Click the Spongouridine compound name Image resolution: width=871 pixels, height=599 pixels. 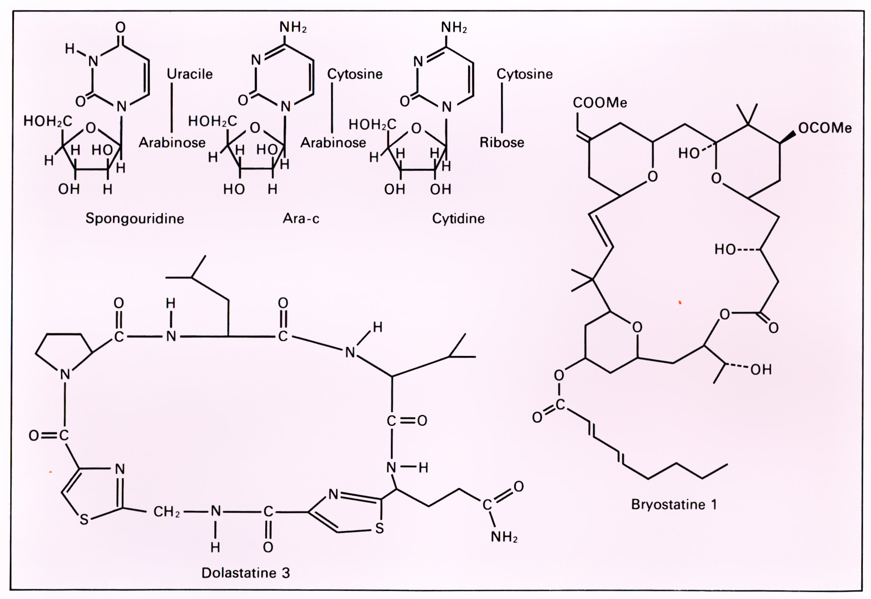tap(135, 219)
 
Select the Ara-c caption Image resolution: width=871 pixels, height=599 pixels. tap(301, 219)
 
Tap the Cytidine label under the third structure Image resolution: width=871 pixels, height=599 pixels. tap(458, 219)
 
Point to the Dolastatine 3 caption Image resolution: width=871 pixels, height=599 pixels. tap(246, 573)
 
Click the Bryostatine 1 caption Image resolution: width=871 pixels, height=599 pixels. tap(674, 504)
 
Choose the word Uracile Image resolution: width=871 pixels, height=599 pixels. tap(190, 74)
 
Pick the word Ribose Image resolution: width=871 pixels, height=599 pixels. tap(502, 142)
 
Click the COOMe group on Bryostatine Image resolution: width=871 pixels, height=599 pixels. tap(600, 103)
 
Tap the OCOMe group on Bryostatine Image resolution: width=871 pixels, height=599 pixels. tap(825, 128)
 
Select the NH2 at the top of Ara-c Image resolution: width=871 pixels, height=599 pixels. tap(293, 27)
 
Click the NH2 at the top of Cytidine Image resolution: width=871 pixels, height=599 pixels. tap(454, 27)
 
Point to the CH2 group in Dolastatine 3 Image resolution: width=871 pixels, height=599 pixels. tap(166, 512)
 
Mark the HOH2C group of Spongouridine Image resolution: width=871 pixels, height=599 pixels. tap(48, 121)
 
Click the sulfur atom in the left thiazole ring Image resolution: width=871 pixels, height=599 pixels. tap(84, 520)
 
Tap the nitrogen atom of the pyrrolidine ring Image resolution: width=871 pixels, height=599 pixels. tap(65, 374)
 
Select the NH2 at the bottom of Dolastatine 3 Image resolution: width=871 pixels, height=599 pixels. tap(504, 537)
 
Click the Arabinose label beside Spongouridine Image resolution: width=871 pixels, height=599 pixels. tap(172, 143)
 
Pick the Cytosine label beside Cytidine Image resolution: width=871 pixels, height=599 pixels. tap(525, 74)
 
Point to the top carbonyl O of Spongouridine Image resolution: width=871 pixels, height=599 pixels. tap(120, 27)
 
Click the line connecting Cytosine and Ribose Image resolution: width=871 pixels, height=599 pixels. tap(502, 108)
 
